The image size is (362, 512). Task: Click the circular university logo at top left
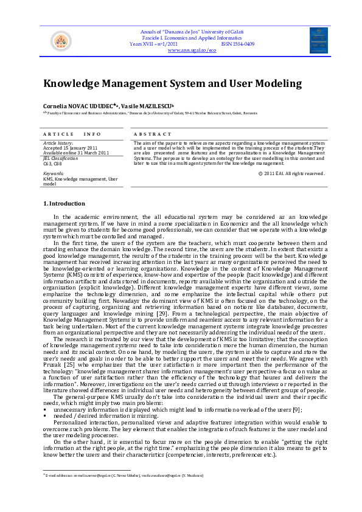click(x=60, y=41)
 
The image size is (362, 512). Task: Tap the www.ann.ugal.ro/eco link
click(x=192, y=50)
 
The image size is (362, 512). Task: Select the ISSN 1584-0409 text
click(x=238, y=44)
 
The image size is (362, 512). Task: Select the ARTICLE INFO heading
click(x=72, y=134)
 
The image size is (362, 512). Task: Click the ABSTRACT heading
click(x=153, y=134)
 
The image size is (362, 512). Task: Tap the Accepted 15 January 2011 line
click(x=71, y=148)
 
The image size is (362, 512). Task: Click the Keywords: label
click(x=54, y=174)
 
